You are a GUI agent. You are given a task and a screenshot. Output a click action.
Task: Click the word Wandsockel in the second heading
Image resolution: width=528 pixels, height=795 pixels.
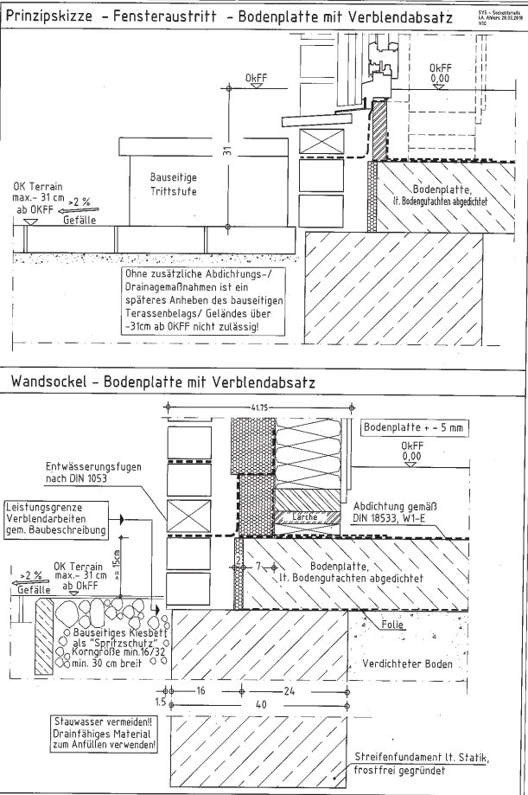(x=46, y=381)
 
